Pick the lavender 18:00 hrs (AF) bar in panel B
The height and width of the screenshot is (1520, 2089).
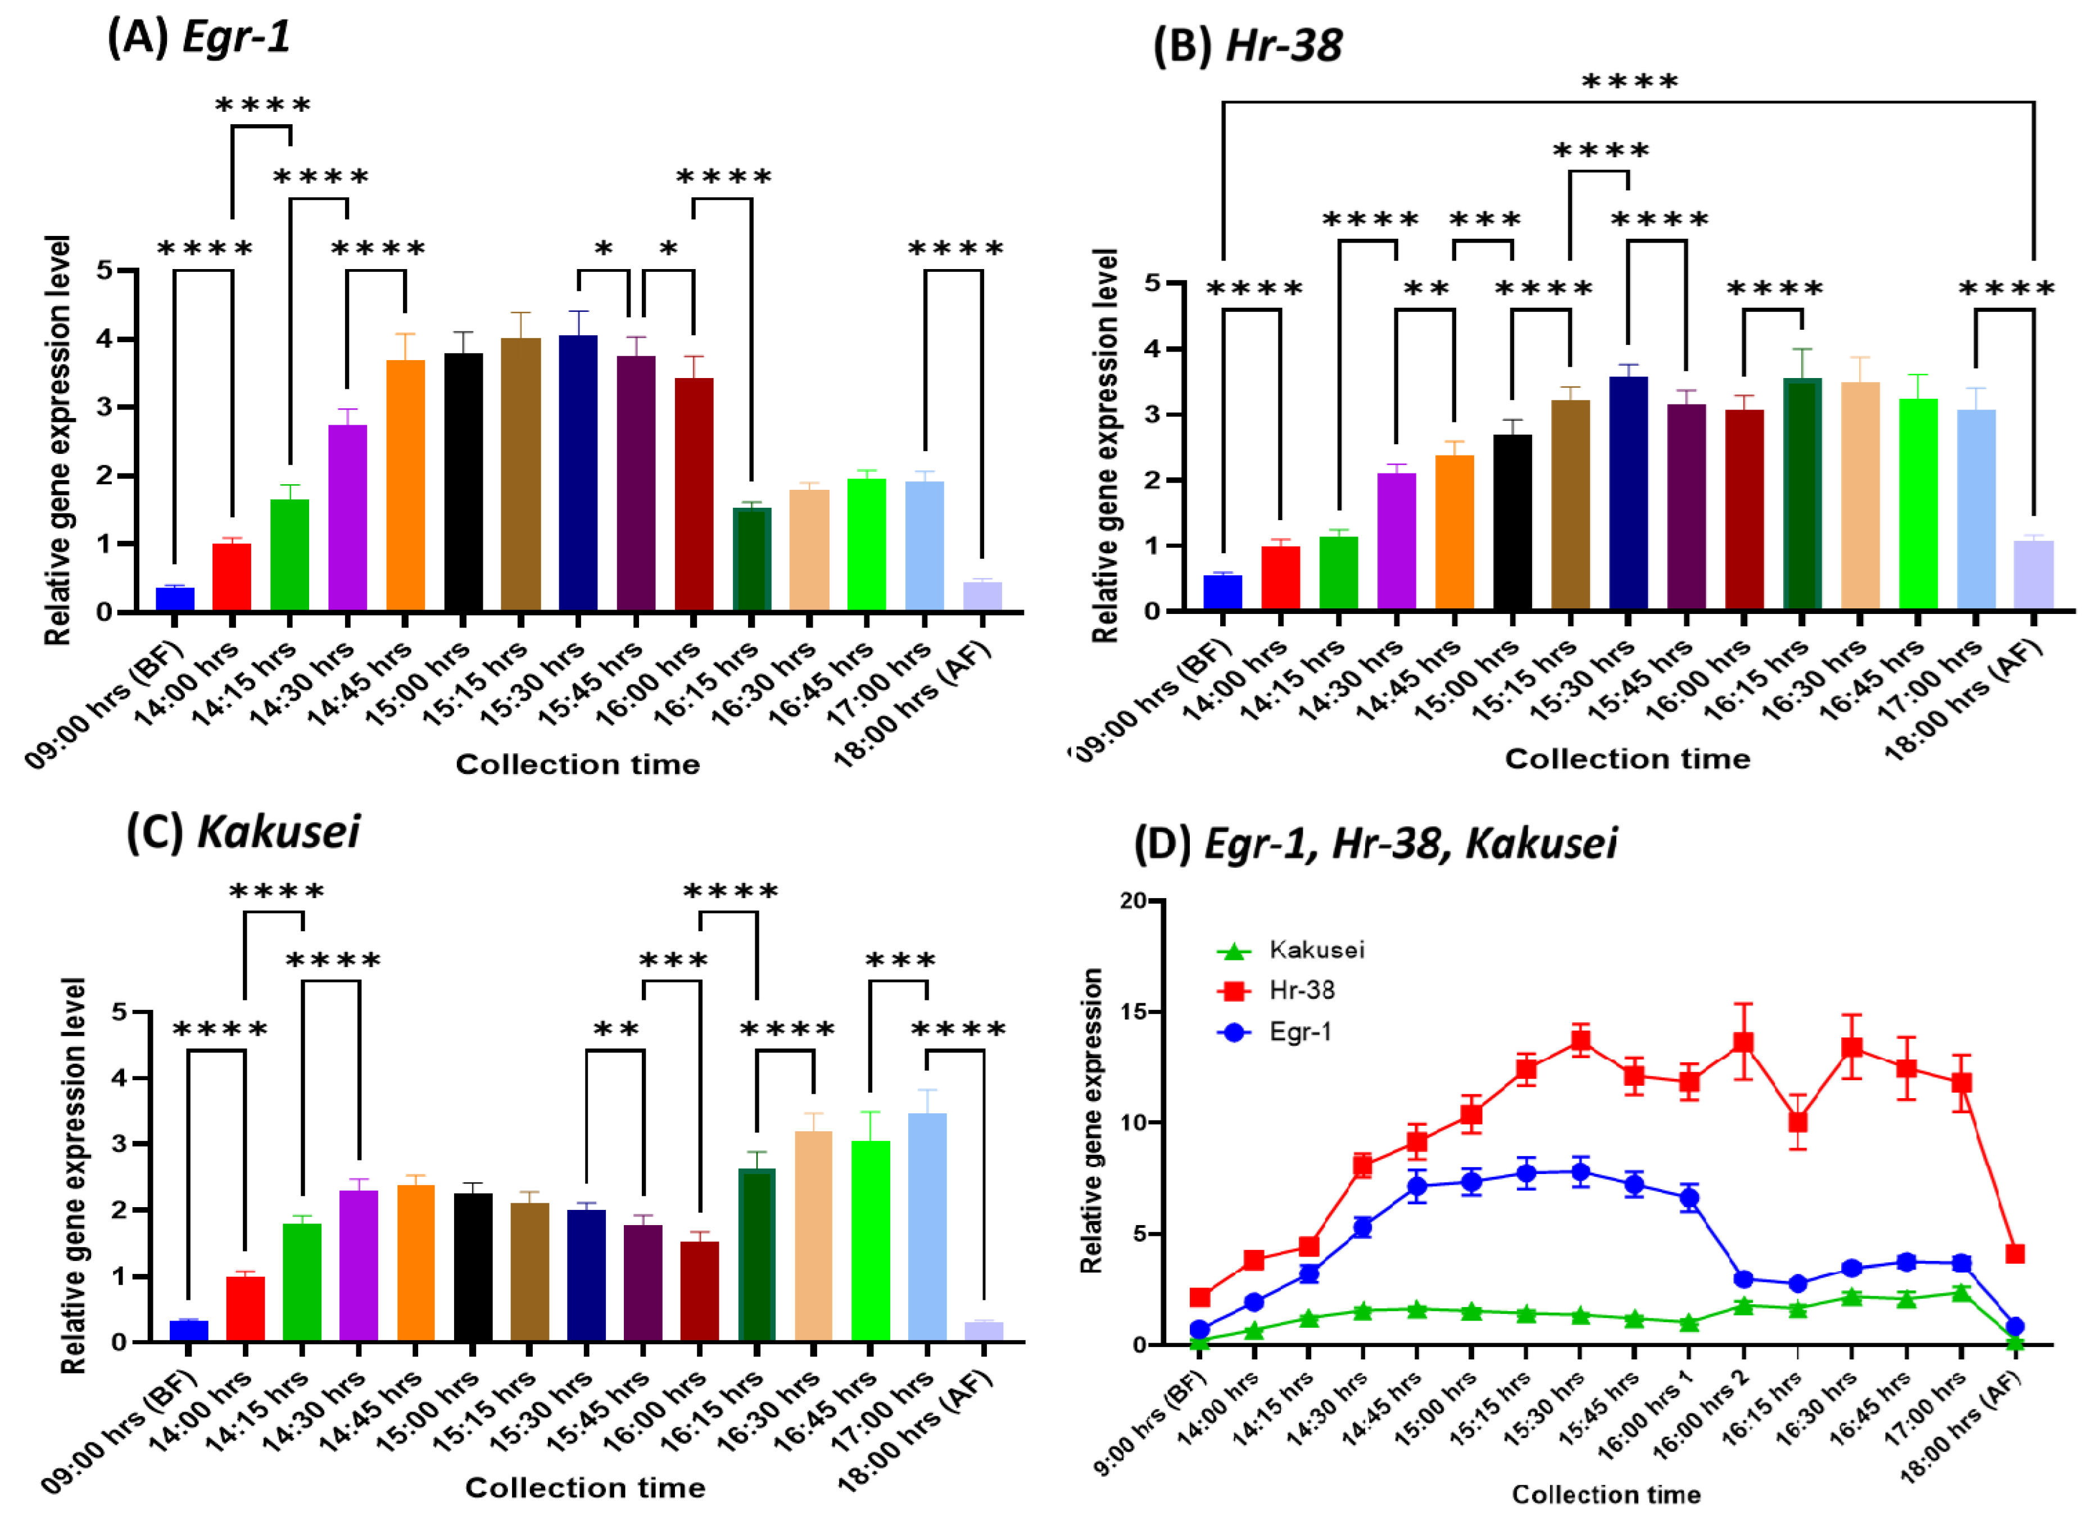click(2033, 575)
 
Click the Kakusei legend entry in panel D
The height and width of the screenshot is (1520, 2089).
click(1315, 950)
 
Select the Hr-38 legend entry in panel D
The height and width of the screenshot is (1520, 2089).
click(1300, 991)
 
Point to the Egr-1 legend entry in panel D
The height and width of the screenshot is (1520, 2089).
click(1299, 1032)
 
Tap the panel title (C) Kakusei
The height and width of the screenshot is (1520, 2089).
click(243, 831)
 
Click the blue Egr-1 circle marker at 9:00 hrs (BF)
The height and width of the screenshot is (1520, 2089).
click(1199, 1328)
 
